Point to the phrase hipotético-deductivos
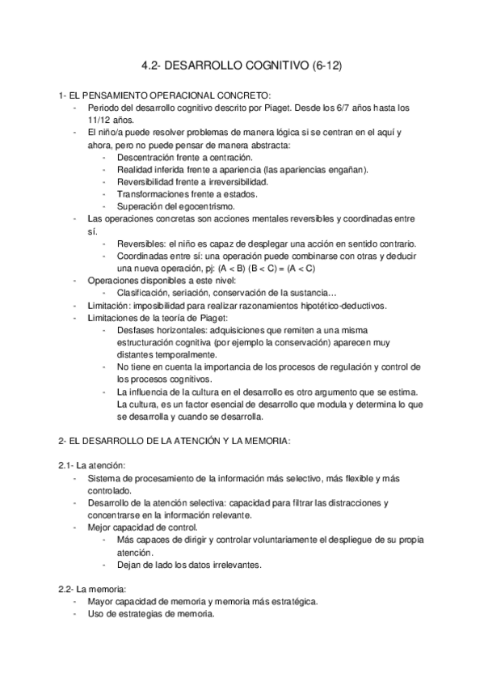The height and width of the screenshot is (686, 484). pos(367,305)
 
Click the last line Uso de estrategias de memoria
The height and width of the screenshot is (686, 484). pos(149,613)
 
